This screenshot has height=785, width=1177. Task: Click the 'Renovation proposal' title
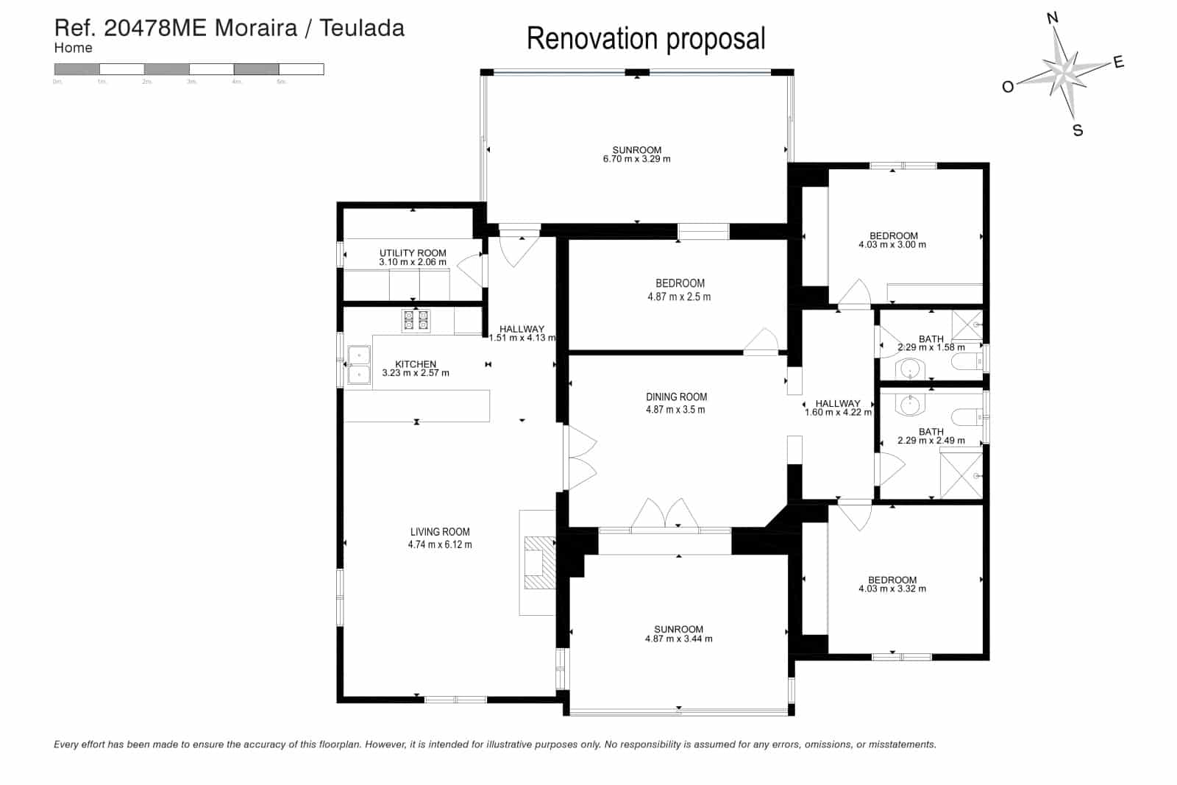point(646,39)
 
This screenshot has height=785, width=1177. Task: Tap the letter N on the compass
point(1052,18)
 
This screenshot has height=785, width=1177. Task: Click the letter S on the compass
point(1078,131)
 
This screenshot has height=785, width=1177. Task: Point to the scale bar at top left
point(189,69)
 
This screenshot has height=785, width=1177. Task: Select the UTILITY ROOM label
point(413,253)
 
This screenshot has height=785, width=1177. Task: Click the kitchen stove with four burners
point(416,321)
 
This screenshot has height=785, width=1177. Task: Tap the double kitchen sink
point(359,365)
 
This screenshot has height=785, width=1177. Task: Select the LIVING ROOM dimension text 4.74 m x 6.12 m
point(440,545)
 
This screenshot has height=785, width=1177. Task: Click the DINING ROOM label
point(676,397)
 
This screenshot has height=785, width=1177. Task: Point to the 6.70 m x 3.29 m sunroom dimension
point(636,159)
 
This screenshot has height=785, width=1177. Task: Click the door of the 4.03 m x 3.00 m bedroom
point(855,294)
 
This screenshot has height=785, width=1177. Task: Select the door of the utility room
point(471,269)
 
